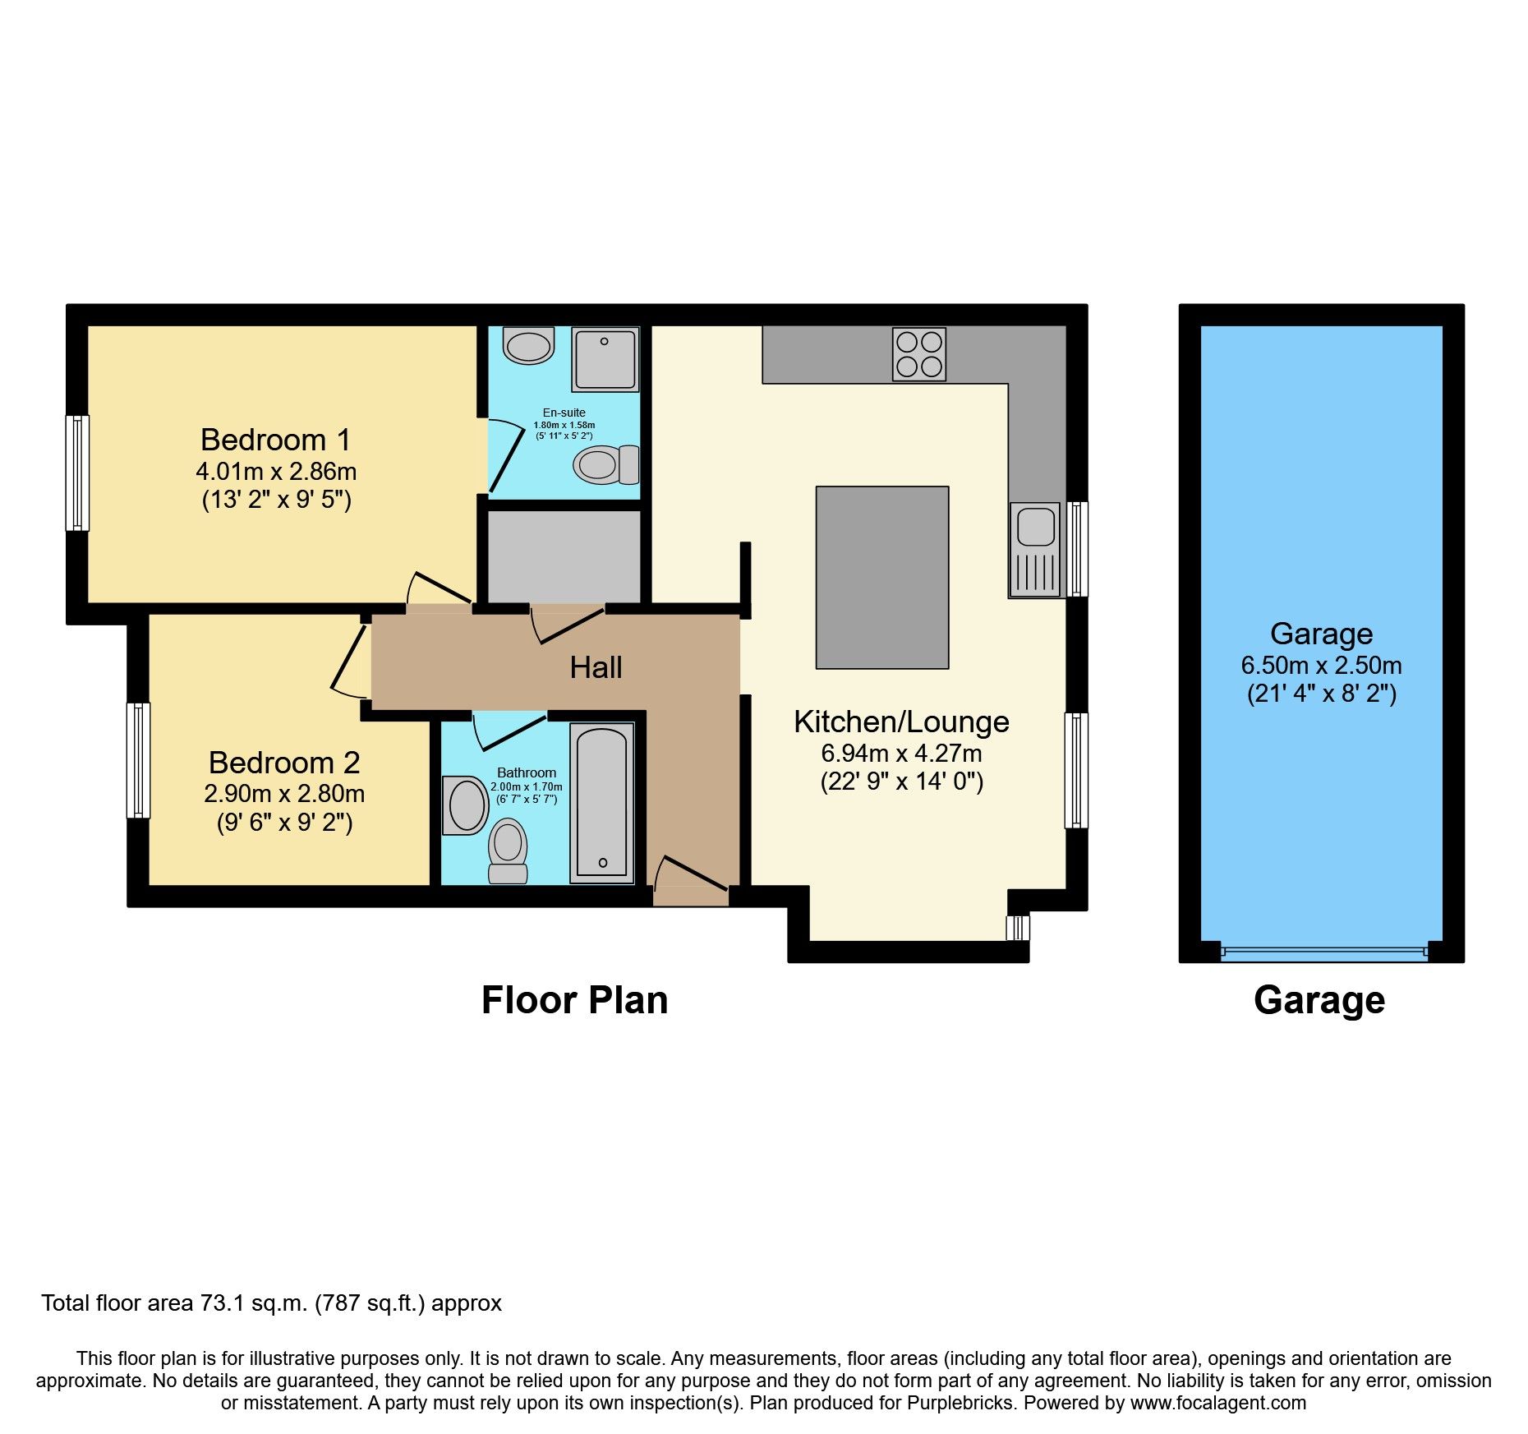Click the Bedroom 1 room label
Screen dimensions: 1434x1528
click(275, 440)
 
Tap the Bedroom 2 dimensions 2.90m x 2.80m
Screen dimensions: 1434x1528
click(284, 794)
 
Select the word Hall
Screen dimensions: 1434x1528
click(596, 667)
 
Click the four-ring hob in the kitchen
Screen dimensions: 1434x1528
click(919, 354)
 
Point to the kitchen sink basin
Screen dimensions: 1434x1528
click(1035, 526)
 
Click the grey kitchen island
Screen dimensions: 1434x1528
click(881, 577)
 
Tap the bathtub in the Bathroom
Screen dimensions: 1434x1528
click(602, 803)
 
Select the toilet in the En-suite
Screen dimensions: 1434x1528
click(605, 465)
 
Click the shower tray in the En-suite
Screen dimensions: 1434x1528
click(605, 359)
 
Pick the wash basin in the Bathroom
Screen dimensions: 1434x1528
click(466, 805)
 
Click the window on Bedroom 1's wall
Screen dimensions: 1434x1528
click(77, 473)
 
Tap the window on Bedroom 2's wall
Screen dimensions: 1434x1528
click(138, 760)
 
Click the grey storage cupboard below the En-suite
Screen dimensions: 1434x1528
click(564, 556)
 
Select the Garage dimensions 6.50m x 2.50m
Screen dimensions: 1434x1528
click(1321, 666)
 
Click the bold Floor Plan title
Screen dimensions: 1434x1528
click(574, 1000)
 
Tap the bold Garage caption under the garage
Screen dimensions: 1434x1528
click(1319, 1000)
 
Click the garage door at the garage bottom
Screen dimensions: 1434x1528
click(1323, 952)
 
